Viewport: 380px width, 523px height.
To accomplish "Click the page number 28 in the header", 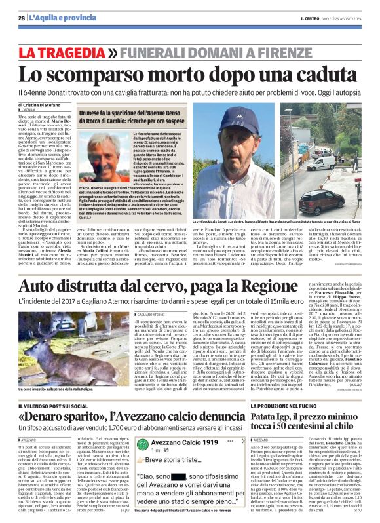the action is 22,18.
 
